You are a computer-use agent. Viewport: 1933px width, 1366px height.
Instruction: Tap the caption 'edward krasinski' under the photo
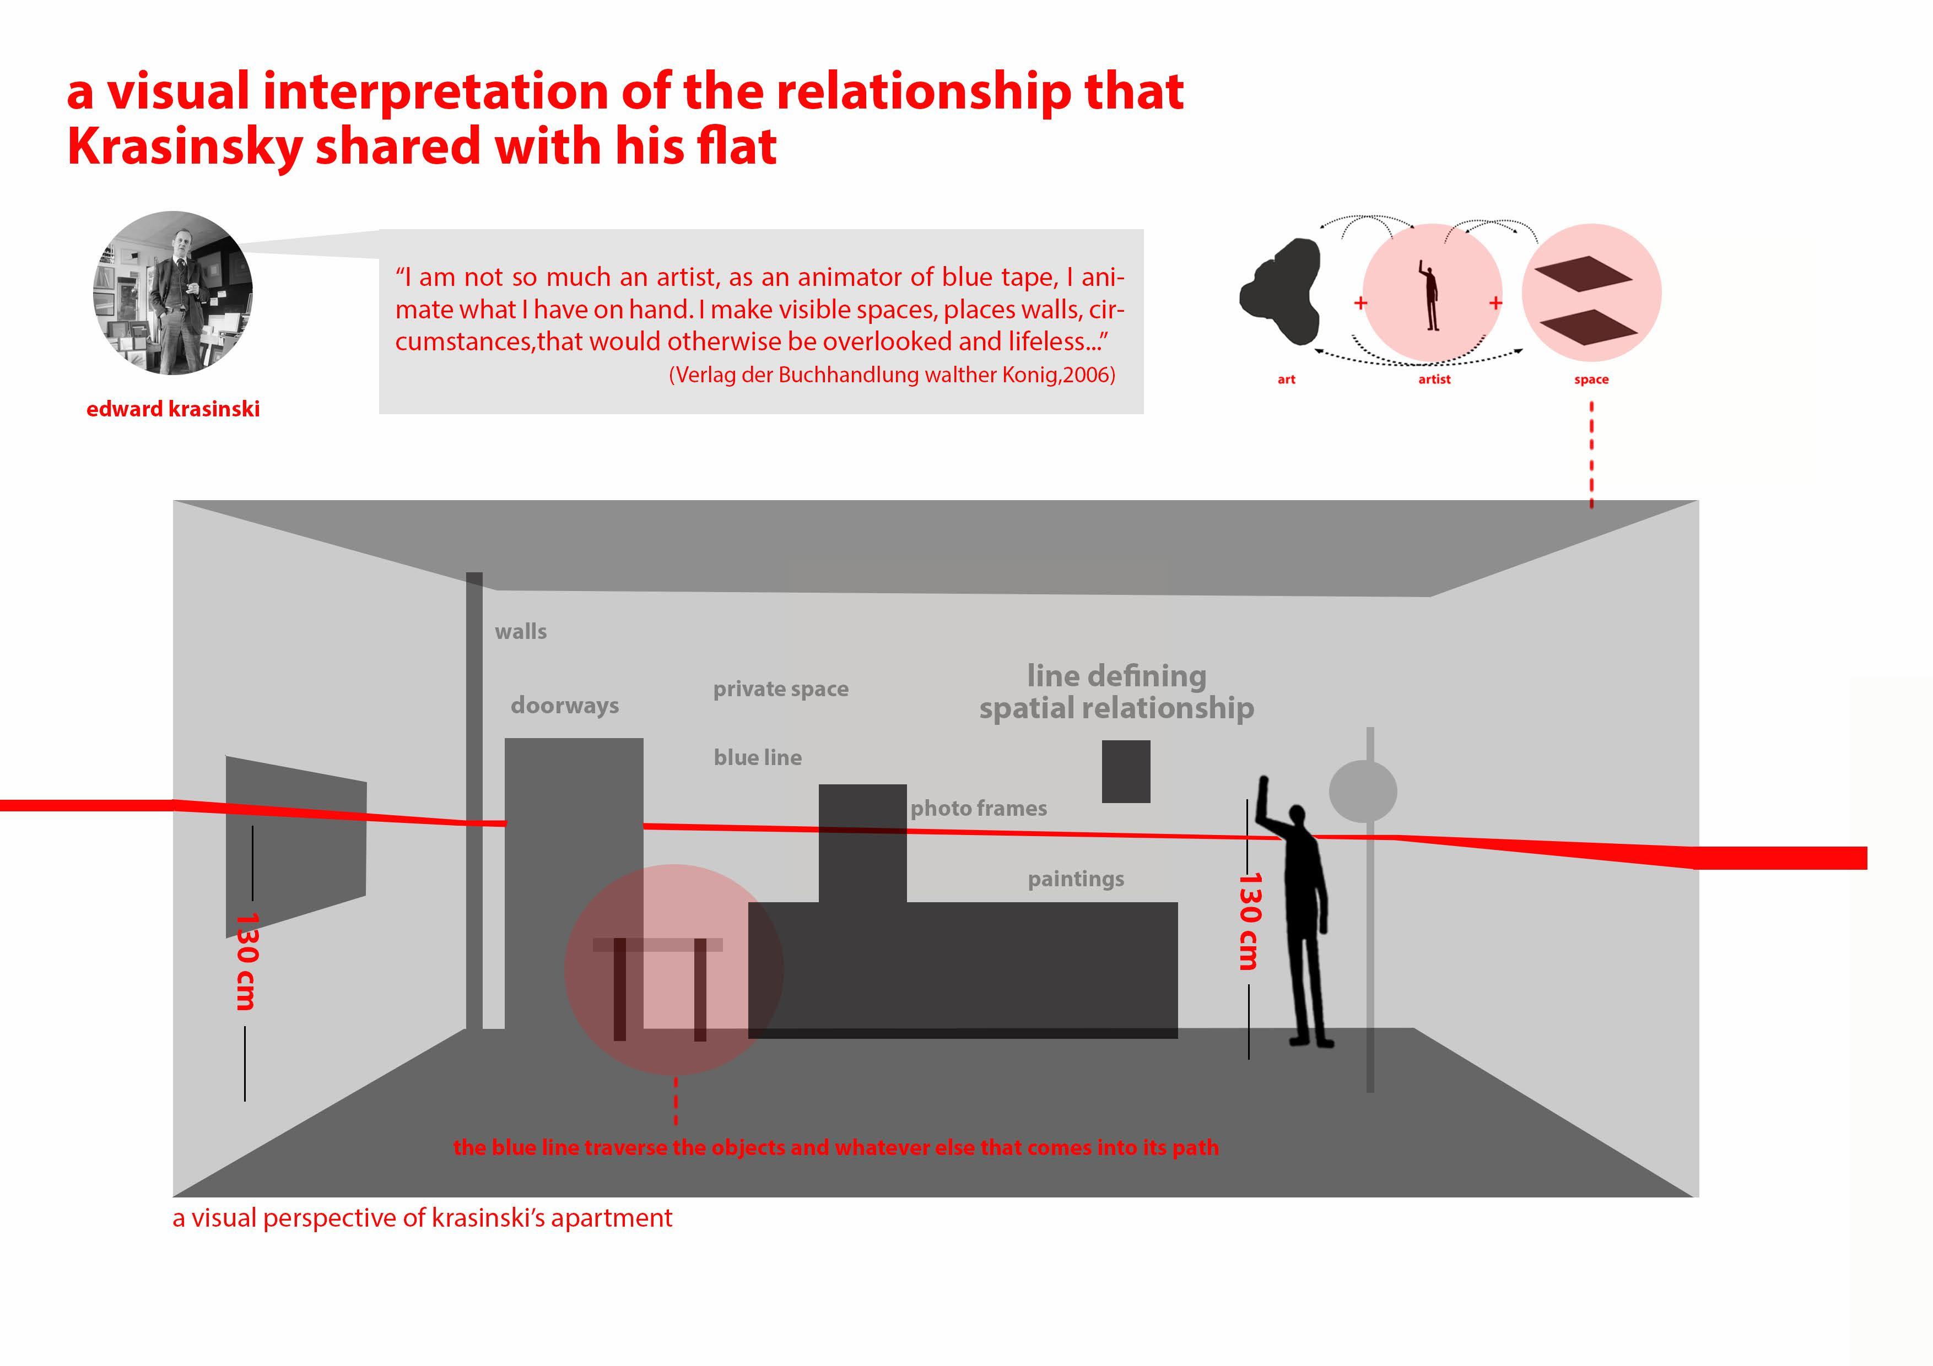[172, 409]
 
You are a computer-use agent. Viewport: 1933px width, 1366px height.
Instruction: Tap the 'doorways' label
[564, 705]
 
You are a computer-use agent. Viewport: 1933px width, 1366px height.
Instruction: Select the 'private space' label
[780, 689]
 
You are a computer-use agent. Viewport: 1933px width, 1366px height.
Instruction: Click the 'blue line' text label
[757, 757]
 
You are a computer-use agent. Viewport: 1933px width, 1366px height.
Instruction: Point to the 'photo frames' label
[978, 808]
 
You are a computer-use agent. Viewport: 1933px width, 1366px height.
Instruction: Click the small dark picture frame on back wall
[1126, 771]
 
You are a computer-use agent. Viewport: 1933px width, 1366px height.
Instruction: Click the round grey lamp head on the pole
[1362, 791]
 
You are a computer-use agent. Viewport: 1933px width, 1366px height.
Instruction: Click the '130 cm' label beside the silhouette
[1249, 921]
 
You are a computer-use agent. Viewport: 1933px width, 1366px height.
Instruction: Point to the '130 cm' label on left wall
[245, 961]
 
